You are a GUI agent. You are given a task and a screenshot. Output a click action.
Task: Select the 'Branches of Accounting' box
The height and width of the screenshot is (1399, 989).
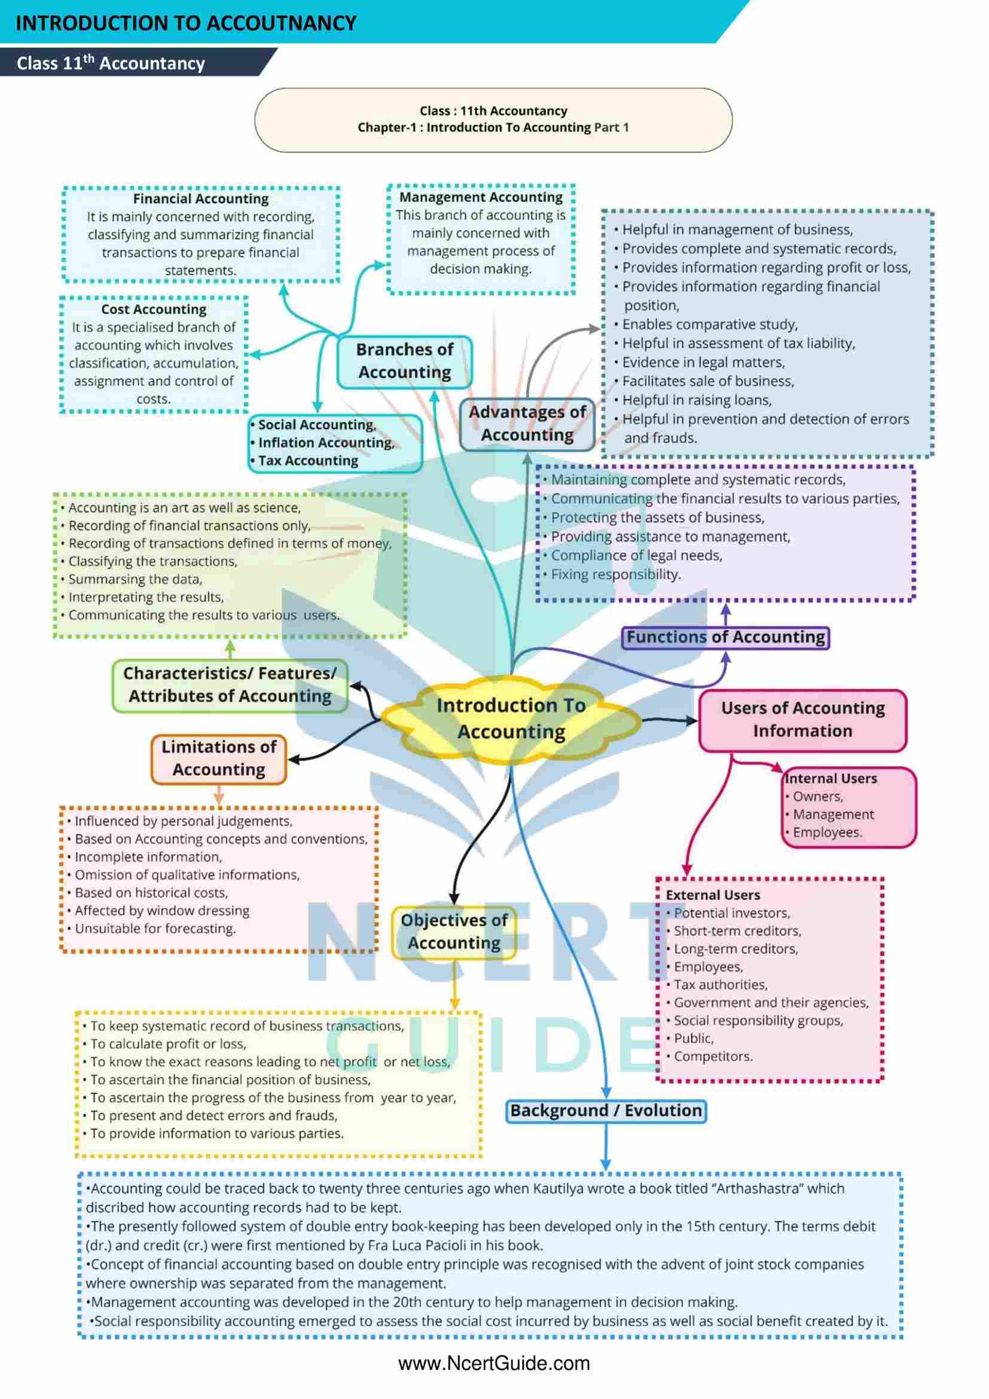click(404, 361)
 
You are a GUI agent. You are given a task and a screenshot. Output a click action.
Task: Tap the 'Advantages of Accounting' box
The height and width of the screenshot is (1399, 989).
click(527, 424)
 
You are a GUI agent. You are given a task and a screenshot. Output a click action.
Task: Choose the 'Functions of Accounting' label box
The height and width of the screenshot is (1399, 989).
click(725, 637)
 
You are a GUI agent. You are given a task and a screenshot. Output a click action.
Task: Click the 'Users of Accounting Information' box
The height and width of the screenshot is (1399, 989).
click(802, 720)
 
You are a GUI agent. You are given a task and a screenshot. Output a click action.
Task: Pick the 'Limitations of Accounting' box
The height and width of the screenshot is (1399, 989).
click(219, 759)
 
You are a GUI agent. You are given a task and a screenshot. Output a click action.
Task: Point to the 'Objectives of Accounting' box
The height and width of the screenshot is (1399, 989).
click(454, 932)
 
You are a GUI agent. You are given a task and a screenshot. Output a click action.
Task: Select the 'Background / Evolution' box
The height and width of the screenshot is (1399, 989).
click(606, 1111)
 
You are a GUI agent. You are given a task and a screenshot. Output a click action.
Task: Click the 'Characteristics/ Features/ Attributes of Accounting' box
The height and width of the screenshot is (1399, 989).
click(230, 685)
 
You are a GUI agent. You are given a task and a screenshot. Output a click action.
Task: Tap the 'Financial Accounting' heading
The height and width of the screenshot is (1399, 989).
click(201, 199)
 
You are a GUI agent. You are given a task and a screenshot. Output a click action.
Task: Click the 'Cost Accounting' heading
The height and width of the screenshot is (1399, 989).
click(154, 309)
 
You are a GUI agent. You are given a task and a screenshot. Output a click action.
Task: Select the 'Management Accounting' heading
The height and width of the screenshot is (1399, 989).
click(481, 197)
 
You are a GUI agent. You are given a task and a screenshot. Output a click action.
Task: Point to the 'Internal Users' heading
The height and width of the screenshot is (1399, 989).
click(831, 778)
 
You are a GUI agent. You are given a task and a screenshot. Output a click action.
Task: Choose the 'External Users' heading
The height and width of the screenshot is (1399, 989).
click(713, 895)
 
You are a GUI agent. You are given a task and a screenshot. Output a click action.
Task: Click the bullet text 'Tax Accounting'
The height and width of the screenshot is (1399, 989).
click(308, 461)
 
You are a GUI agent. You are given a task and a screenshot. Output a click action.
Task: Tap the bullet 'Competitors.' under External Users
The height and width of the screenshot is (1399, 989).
click(713, 1057)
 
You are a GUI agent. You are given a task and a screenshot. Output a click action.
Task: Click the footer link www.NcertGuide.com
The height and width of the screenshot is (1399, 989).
click(494, 1364)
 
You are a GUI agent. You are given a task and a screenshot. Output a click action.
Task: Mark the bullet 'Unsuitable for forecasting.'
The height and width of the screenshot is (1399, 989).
click(155, 929)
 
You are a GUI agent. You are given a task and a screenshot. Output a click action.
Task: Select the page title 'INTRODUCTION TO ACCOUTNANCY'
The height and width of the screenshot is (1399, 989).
click(186, 23)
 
